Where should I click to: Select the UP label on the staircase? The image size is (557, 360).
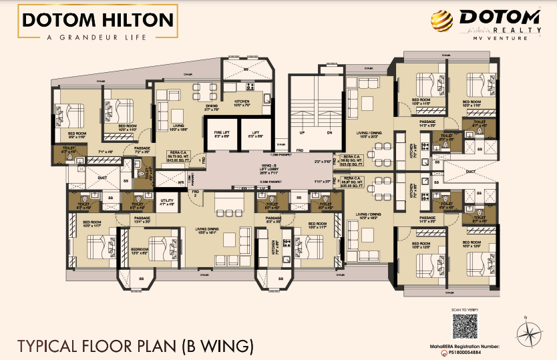301,132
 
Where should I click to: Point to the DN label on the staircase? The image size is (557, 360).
329,132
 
